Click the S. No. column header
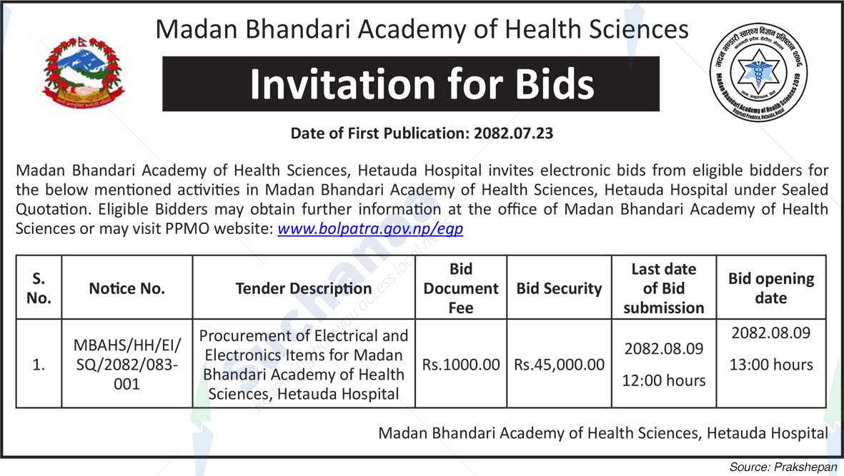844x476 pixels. coord(39,288)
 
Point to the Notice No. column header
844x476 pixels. coord(127,288)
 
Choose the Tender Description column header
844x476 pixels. coord(304,288)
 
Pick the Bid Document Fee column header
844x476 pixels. coord(461,288)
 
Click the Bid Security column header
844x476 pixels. coord(560,288)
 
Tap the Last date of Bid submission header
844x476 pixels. coord(664,288)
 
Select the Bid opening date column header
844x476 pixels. coord(771,288)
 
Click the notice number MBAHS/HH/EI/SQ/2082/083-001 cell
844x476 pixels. coord(127,365)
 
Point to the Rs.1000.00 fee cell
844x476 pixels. coord(461,365)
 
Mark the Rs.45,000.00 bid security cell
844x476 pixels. coord(560,365)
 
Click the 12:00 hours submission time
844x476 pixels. coord(664,380)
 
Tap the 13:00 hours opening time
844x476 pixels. coord(771,365)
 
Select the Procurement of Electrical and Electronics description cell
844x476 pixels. coord(304,365)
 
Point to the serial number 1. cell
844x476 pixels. coord(39,365)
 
